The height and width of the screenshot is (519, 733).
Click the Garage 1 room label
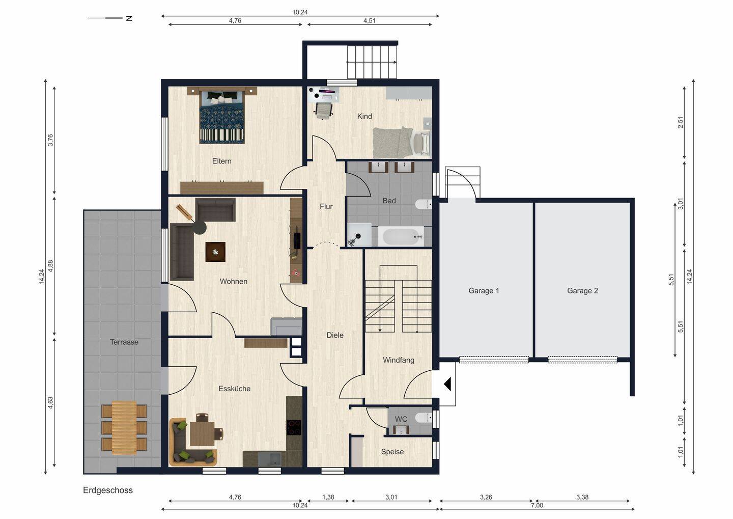[x=484, y=290]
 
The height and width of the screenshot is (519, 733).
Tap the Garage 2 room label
[x=582, y=290]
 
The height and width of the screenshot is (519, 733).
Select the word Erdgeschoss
[x=108, y=490]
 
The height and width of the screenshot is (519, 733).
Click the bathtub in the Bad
[x=402, y=236]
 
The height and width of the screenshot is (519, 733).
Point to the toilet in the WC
[x=424, y=418]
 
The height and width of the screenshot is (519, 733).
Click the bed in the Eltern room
[x=222, y=117]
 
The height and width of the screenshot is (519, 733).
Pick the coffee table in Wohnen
[x=215, y=252]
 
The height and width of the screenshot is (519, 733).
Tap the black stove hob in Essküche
[x=294, y=427]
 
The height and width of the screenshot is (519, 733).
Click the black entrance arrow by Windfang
[x=447, y=384]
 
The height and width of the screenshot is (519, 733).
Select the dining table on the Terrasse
[x=124, y=428]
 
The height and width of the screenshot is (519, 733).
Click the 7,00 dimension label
[x=537, y=505]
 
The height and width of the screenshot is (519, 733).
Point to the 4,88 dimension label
[x=50, y=266]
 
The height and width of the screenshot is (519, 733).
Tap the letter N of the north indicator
[x=129, y=18]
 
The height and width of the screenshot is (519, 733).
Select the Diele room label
[x=335, y=335]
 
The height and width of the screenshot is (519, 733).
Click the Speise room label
[x=392, y=452]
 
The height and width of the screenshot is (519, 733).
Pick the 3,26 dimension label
[x=486, y=497]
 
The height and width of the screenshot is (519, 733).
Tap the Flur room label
[x=326, y=206]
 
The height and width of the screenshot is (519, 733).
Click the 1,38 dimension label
[x=328, y=497]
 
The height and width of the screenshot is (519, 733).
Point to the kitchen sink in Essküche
[x=269, y=459]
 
